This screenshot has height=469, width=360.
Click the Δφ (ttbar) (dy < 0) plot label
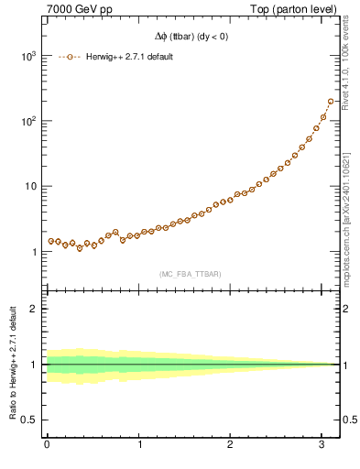pos(192,37)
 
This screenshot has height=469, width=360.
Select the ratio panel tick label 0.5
pos(29,420)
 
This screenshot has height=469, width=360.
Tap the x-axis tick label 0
pos(47,446)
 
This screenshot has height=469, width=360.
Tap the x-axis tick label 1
pos(139,446)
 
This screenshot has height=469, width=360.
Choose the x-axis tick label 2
pos(232,446)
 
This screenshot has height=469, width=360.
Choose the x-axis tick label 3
pos(323,446)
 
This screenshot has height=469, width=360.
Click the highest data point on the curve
pos(331,102)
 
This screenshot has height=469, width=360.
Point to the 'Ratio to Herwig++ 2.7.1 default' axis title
pos(11,365)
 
